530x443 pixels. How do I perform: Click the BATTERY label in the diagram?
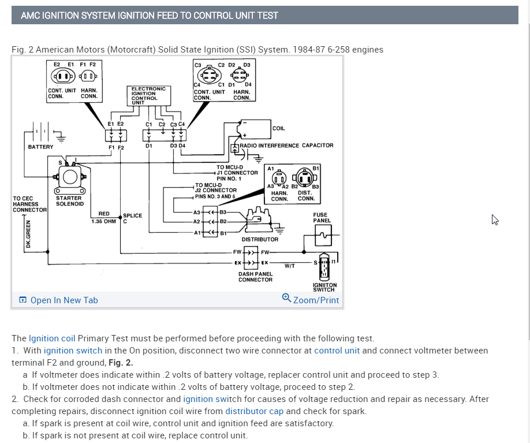(40, 147)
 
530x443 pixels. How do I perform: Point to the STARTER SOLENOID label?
(69, 201)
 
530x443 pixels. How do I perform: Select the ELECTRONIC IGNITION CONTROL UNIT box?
(148, 95)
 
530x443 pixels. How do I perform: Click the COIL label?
(278, 128)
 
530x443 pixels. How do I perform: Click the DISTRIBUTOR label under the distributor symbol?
(260, 239)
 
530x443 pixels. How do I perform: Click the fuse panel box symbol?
(323, 234)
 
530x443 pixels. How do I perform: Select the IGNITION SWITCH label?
(324, 287)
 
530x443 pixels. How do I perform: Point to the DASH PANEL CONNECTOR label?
(255, 277)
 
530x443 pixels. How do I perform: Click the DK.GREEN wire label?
(28, 237)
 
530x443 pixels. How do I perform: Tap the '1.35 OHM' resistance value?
(103, 221)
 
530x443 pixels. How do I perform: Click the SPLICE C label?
(132, 218)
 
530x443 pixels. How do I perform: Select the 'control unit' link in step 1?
(337, 351)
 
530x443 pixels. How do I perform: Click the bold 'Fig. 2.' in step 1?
(121, 363)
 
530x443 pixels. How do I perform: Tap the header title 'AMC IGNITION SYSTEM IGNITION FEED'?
(149, 15)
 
